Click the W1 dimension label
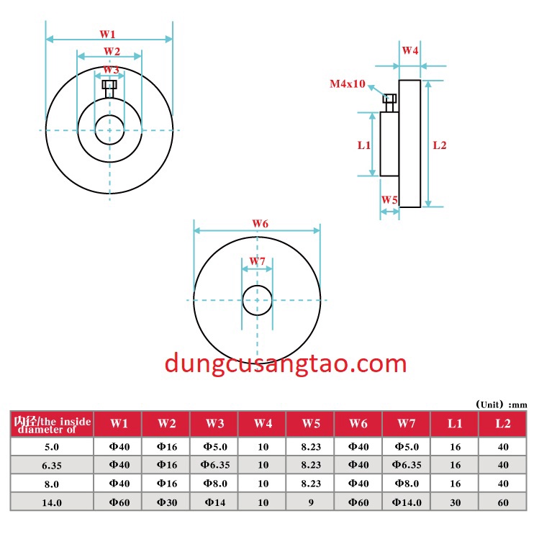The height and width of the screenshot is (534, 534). click(108, 34)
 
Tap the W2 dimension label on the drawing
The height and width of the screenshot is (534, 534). click(112, 51)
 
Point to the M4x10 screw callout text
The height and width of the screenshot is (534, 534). click(348, 84)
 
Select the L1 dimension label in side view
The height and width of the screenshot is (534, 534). click(364, 145)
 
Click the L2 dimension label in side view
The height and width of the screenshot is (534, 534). click(440, 145)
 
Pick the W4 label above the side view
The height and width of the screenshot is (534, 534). click(410, 50)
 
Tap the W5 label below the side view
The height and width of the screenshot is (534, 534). click(389, 199)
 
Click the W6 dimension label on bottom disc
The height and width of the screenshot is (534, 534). click(260, 224)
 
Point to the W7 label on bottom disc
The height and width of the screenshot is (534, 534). click(257, 261)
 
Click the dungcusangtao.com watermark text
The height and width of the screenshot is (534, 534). click(286, 363)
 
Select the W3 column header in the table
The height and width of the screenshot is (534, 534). click(214, 424)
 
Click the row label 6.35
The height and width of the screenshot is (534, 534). click(51, 465)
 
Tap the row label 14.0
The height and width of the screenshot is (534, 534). click(51, 502)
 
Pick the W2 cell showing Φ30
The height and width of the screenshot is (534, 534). click(166, 502)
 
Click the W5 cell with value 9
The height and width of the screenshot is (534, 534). click(310, 502)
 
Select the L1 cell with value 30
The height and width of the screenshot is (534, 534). click(455, 502)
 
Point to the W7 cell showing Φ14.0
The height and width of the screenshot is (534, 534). click(407, 502)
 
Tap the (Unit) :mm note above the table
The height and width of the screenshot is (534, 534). click(501, 404)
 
